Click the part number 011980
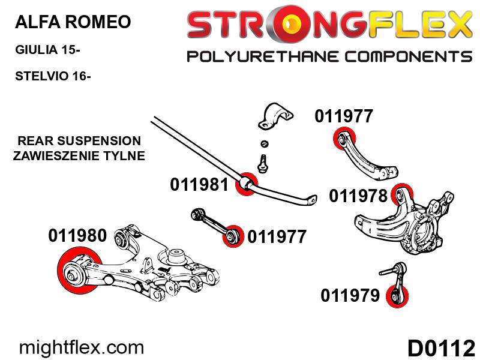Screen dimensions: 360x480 (x=77, y=236)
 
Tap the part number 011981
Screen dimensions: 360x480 (x=199, y=184)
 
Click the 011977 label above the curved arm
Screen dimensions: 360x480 (x=344, y=116)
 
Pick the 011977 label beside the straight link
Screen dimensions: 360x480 (x=277, y=237)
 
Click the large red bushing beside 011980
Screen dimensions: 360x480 (x=77, y=272)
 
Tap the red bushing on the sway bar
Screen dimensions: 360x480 (x=245, y=184)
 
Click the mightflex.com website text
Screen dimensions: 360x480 (x=82, y=347)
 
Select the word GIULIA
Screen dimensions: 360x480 (x=37, y=50)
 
